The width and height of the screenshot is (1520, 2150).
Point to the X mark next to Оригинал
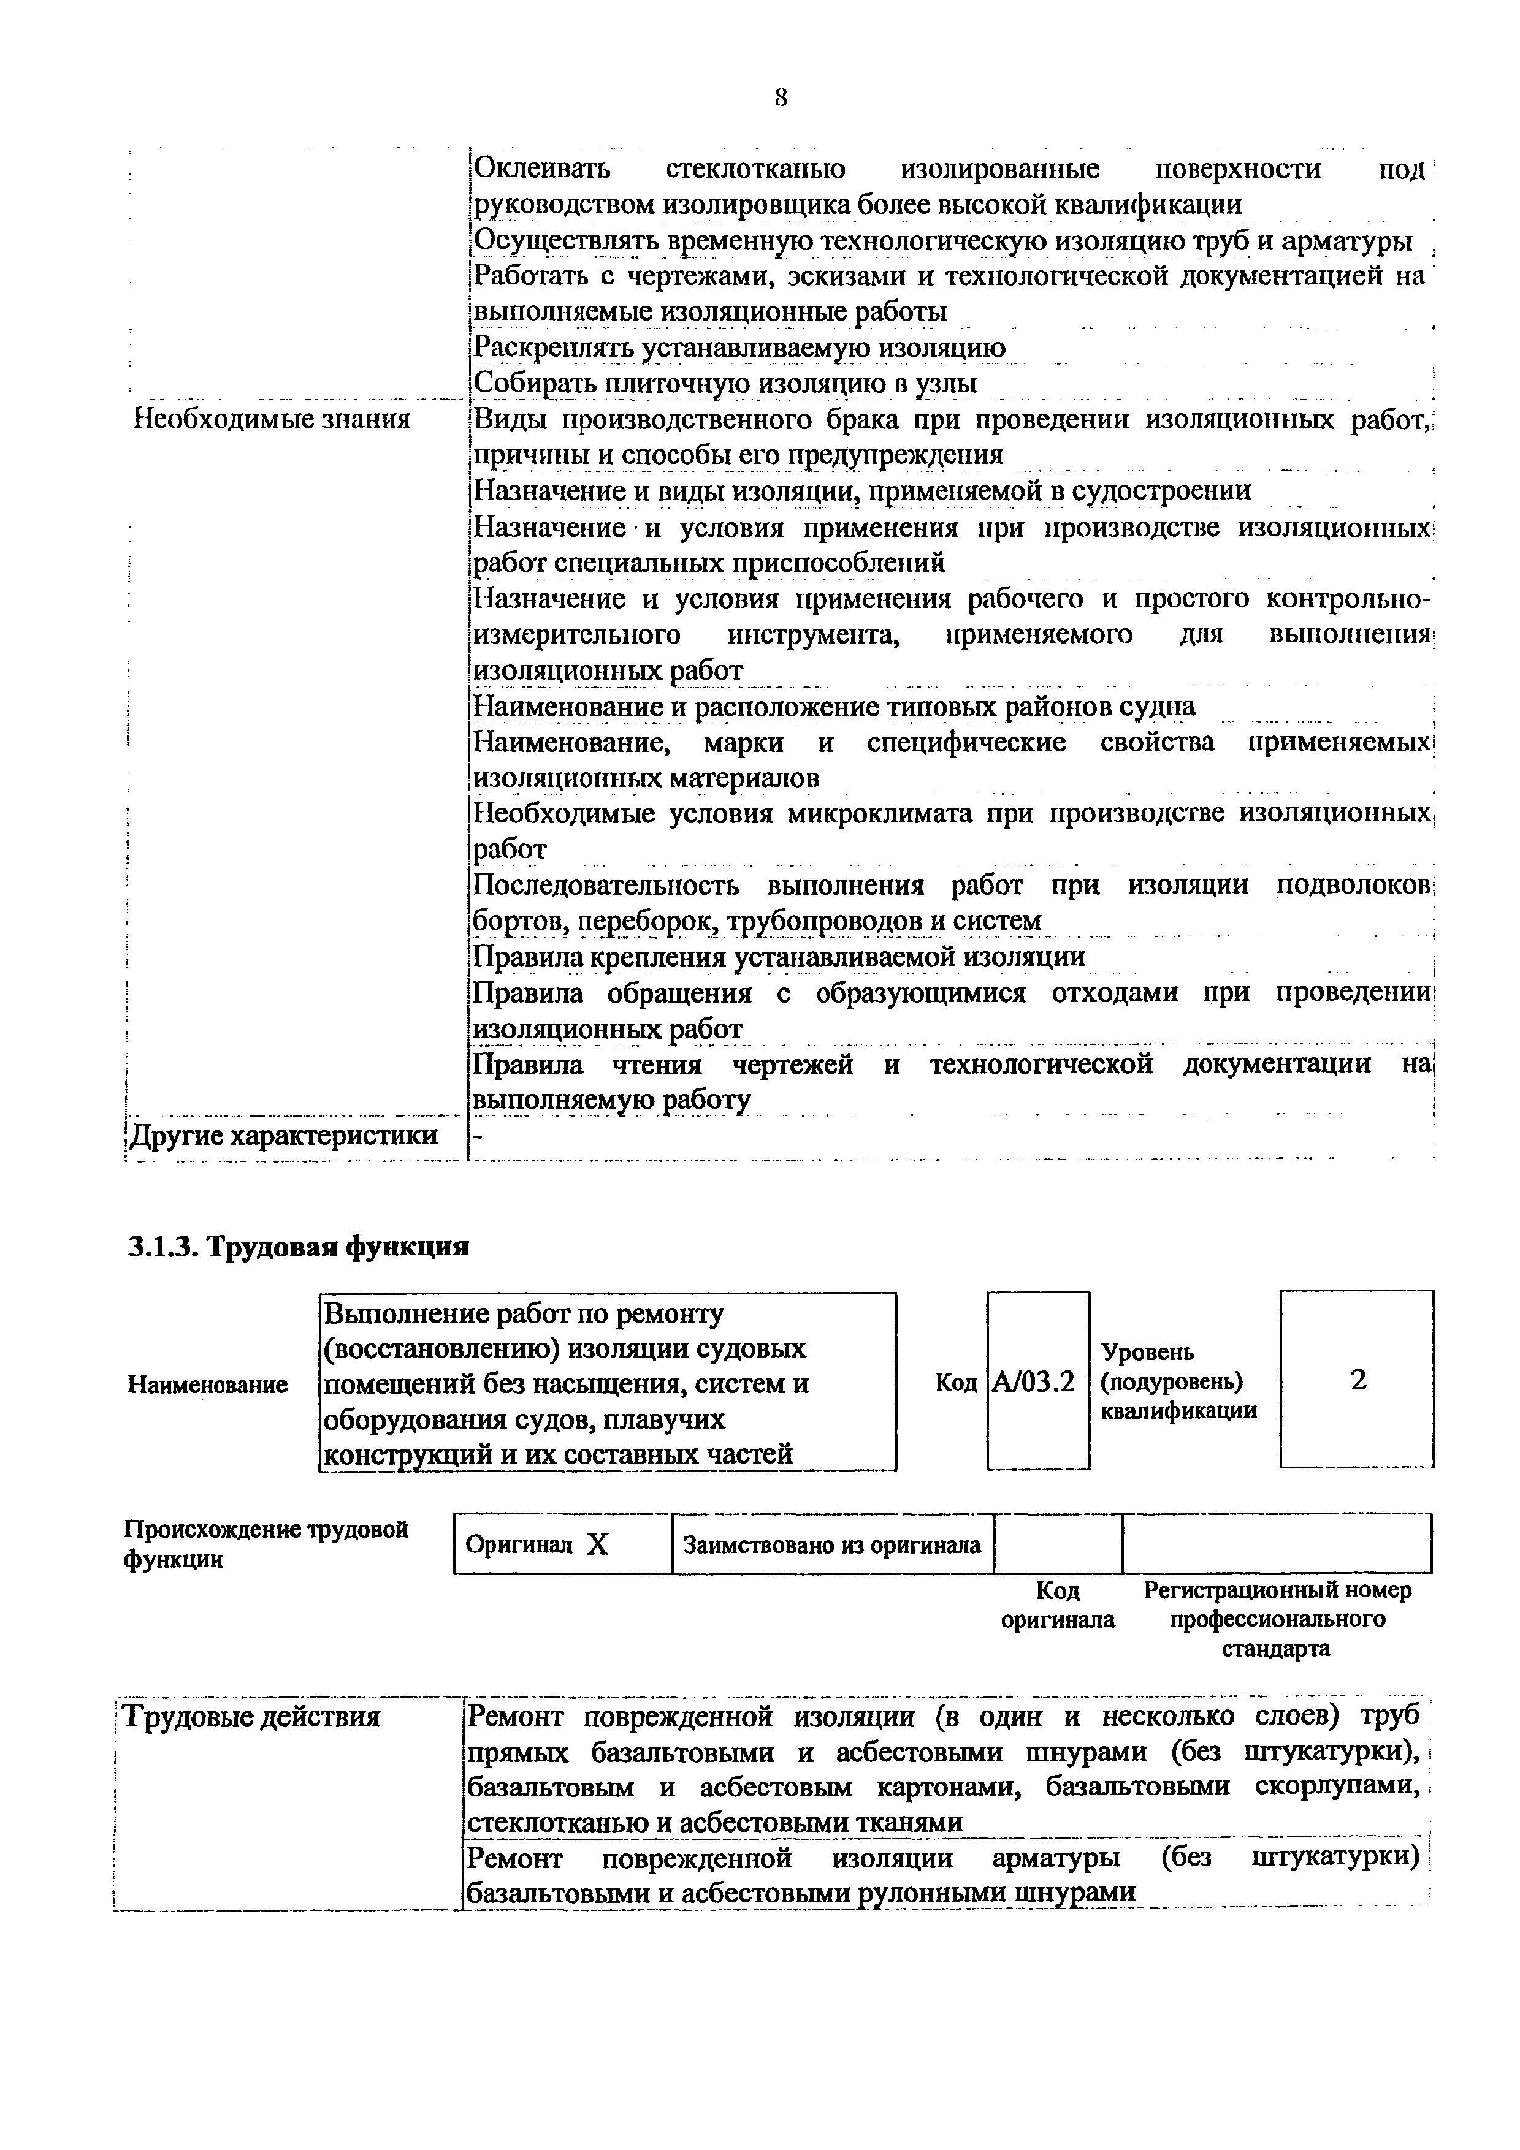(597, 1545)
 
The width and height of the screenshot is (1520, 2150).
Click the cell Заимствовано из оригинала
(831, 1545)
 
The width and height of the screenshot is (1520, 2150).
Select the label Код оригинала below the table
(1058, 1605)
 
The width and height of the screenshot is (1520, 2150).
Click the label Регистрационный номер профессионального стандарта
(1277, 1619)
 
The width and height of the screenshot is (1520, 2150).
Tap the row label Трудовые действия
(253, 1717)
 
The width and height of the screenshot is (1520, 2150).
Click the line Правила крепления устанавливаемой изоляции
(779, 957)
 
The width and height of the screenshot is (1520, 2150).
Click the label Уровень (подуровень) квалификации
(1178, 1381)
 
